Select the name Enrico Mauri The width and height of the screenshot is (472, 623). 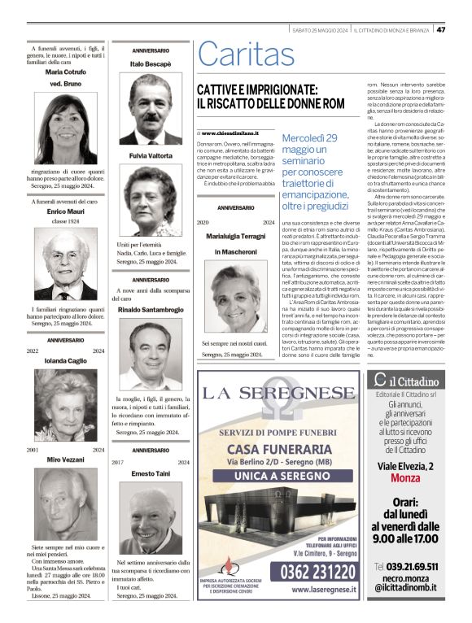click(x=65, y=211)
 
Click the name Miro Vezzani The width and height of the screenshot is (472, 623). click(x=65, y=460)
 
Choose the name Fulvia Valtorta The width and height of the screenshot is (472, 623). click(x=150, y=155)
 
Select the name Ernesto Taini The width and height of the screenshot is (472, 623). click(x=150, y=473)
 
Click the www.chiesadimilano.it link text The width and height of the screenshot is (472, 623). click(x=230, y=133)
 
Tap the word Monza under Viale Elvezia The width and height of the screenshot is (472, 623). click(x=411, y=477)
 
